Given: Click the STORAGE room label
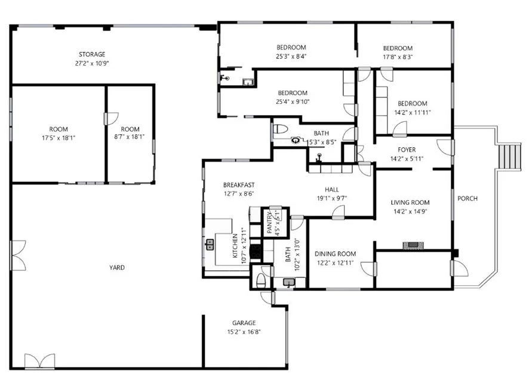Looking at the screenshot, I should [x=92, y=54].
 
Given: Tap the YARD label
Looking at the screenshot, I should [x=118, y=268].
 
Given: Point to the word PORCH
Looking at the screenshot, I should [x=467, y=199].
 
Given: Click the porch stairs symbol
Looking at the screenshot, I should [x=510, y=156].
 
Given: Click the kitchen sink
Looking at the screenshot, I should [x=210, y=244].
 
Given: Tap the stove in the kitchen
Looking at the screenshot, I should [x=255, y=251].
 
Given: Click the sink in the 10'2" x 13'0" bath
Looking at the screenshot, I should [x=290, y=283].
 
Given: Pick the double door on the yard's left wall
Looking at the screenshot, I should [x=18, y=255].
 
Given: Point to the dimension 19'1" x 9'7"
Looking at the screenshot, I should [x=332, y=198].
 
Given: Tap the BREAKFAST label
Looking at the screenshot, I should [x=239, y=185].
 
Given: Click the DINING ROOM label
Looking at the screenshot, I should [x=335, y=254].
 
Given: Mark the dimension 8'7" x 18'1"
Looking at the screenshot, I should [x=130, y=137].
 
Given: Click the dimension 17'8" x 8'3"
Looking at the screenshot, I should [x=398, y=57].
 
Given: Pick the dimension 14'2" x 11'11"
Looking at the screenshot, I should [x=413, y=112].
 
